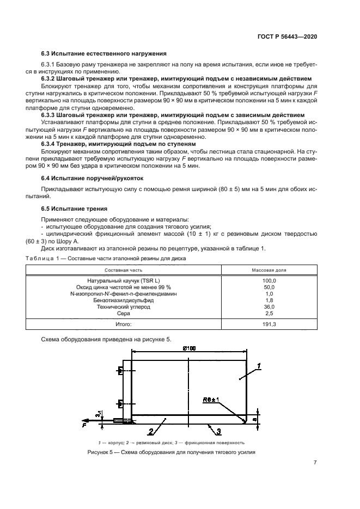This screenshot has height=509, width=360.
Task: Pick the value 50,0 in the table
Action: point(269,287)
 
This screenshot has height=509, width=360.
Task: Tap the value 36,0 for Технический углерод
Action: point(269,306)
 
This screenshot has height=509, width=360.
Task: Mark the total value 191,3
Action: point(269,324)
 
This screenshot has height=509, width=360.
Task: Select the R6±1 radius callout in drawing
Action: point(211,400)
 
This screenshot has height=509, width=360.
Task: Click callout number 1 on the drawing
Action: point(259,365)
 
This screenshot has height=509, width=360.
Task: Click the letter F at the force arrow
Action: point(85,425)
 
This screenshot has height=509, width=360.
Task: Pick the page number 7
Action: point(315,463)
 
